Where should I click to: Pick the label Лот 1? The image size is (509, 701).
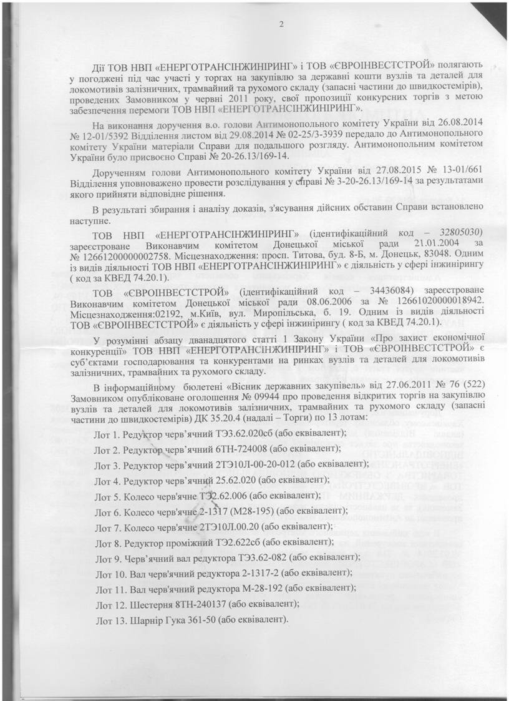pos(107,433)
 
